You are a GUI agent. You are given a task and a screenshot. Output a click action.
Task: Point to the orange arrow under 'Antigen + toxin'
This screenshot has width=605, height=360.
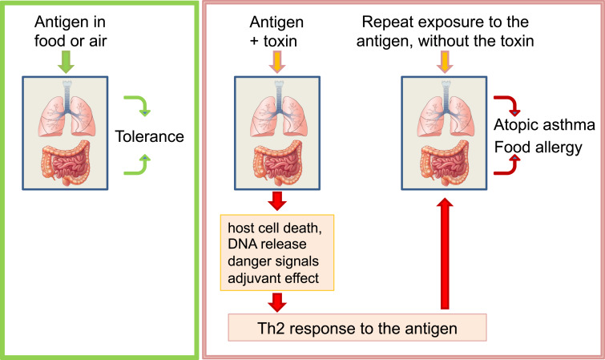[x=276, y=61]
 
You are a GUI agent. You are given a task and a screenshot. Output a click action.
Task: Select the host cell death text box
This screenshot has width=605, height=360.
[x=276, y=253]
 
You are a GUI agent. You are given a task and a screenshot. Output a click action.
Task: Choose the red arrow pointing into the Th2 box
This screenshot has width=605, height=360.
[x=276, y=302]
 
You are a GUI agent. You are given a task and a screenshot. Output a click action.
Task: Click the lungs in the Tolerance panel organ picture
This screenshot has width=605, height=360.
[x=67, y=109]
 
